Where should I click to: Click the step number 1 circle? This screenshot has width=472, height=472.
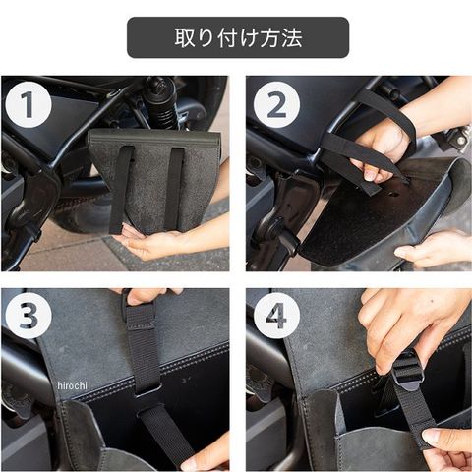tap(29, 104)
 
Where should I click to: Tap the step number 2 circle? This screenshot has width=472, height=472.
tap(276, 104)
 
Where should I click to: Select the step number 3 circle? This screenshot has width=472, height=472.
tap(29, 316)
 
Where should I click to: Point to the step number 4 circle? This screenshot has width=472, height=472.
tap(276, 316)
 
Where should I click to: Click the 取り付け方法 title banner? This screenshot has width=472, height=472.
tap(238, 37)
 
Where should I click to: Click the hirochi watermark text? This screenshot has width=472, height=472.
tap(72, 385)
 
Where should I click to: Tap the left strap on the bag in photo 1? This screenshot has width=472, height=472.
tap(122, 189)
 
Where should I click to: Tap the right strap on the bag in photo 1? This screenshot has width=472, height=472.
tap(174, 189)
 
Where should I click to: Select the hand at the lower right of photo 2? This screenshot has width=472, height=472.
tap(433, 249)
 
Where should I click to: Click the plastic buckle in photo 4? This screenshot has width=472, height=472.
tap(406, 372)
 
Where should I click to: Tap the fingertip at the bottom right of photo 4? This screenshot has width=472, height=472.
tap(445, 441)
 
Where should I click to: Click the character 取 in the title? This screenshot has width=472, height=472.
tap(185, 37)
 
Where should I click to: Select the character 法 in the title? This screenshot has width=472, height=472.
tap(291, 37)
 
